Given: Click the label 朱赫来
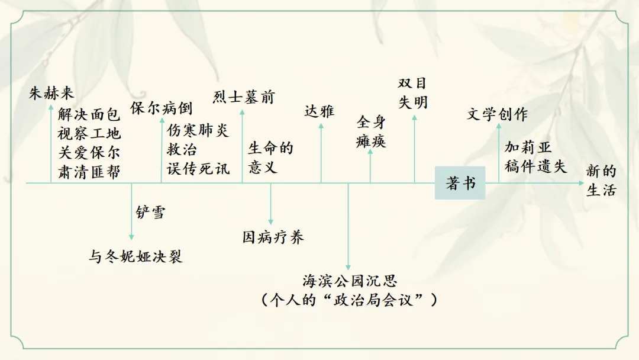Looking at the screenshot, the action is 52,93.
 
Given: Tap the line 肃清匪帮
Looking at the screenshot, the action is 89,172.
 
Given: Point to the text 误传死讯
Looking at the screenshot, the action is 198,168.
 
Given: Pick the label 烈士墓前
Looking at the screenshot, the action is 244,97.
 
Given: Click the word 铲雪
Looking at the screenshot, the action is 151,212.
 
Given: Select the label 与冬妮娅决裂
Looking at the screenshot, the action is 135,256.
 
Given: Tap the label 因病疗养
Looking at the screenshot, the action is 273,237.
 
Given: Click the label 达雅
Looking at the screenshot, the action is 319,111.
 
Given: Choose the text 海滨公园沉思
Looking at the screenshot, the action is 349,280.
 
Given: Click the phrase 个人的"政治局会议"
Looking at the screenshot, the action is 349,300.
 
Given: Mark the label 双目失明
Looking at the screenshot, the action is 412,93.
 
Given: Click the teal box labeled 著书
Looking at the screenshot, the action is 460,183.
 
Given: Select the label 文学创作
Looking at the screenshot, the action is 497,114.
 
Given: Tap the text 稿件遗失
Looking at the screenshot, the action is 535,166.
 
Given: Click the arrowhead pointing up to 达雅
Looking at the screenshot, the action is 321,124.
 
